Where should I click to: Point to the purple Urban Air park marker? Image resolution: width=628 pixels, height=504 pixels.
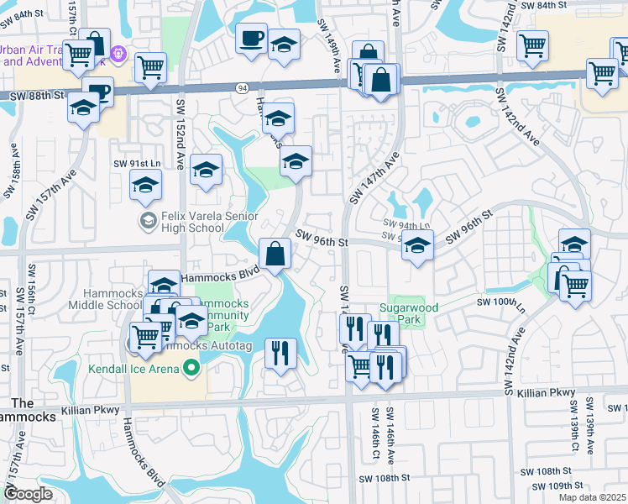(119, 54)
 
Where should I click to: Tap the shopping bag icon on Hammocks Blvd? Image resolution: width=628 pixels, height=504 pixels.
(275, 253)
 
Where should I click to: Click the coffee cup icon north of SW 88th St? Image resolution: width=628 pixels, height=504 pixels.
(251, 39)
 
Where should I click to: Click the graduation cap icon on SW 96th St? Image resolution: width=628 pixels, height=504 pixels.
(417, 246)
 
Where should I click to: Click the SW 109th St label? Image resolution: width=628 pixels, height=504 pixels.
(552, 486)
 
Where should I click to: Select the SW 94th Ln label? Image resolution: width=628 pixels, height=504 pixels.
(406, 224)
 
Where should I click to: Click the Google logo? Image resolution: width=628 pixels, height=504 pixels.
(29, 494)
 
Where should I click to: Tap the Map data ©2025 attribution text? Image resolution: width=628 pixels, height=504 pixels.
(591, 497)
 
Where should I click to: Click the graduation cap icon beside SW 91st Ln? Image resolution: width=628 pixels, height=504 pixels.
(145, 185)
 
